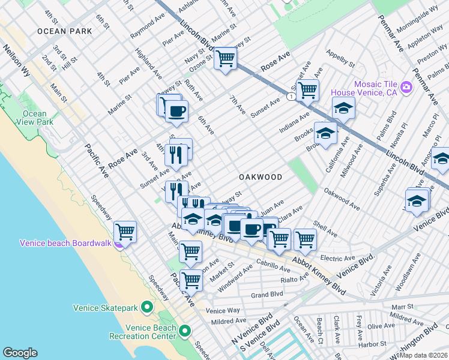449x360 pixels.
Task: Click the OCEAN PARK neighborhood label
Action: point(64,31)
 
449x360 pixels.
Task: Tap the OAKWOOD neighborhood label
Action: point(261,177)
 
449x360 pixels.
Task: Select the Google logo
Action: point(20,353)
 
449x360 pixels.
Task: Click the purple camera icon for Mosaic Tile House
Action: point(406,88)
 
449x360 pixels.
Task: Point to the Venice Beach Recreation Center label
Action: point(151,332)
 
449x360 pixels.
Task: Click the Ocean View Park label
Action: point(34,118)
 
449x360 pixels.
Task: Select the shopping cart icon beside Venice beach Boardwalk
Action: point(125,231)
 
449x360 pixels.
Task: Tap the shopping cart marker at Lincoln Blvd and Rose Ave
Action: point(226,58)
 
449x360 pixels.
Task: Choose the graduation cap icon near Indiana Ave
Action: point(343,108)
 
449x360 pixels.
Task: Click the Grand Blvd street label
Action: point(267,295)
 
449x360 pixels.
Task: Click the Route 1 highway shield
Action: point(291,96)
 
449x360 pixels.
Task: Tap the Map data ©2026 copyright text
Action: point(423,355)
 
